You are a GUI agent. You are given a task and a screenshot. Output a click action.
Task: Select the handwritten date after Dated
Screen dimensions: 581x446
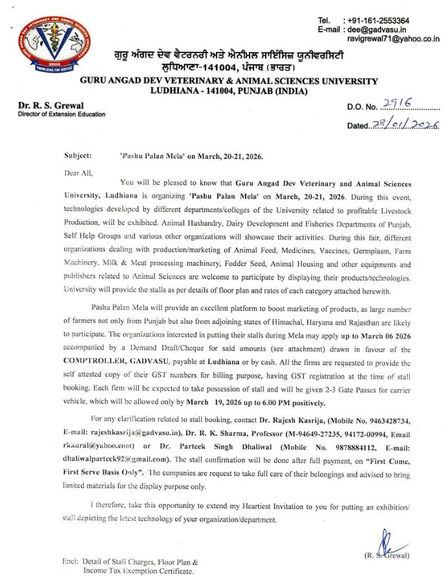click(404, 124)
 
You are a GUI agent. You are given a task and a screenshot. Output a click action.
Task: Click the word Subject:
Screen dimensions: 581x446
click(78, 156)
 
